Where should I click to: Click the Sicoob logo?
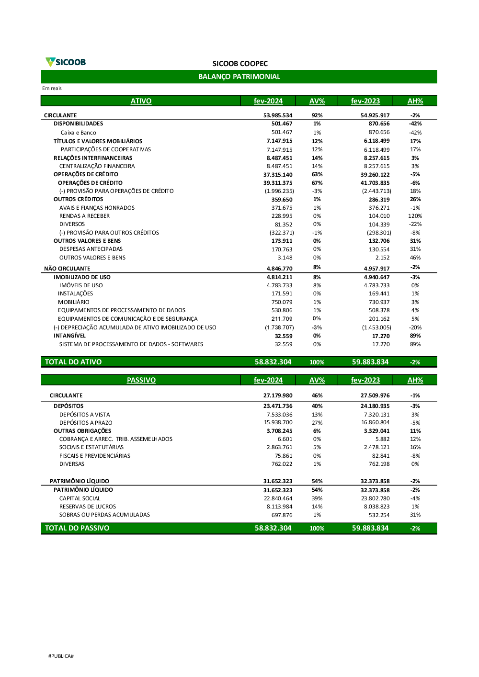click(66, 62)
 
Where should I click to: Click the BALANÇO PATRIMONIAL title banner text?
click(239, 77)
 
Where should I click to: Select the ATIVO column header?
click(141, 101)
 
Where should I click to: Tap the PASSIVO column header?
click(141, 380)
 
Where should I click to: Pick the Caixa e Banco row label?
click(78, 133)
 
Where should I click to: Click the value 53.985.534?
click(278, 115)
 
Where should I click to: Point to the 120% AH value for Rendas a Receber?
click(415, 216)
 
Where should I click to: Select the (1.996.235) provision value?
click(279, 191)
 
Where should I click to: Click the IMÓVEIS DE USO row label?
click(81, 285)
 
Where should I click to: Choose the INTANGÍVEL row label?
click(69, 336)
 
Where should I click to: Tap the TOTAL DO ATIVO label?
click(73, 362)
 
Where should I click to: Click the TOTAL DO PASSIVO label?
click(77, 528)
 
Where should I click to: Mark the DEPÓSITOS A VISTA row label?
click(85, 415)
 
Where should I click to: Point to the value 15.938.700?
click(278, 422)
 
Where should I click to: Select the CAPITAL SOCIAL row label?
click(80, 498)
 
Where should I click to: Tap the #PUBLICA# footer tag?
click(61, 656)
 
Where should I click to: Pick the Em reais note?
click(52, 88)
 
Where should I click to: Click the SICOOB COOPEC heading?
click(240, 64)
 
